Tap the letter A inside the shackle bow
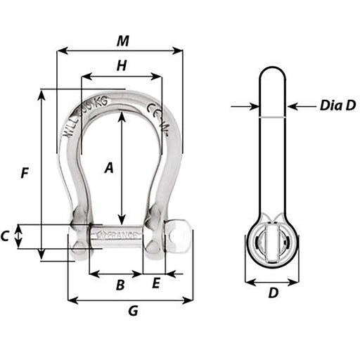point(109,167)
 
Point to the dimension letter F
point(25,172)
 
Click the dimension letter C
point(6,236)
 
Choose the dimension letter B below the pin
point(120,285)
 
